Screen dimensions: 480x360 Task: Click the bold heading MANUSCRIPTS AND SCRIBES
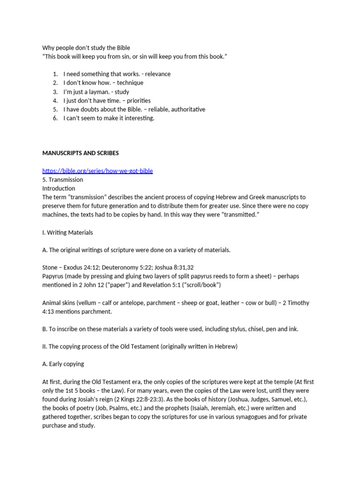pos(80,153)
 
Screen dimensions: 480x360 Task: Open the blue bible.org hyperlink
pos(97,171)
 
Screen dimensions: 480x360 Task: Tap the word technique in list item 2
pos(130,83)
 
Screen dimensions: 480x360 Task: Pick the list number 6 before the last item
pos(55,118)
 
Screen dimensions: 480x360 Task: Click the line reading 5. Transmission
pos(63,180)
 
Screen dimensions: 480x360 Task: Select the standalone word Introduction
pos(59,188)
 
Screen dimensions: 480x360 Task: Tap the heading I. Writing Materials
pos(67,232)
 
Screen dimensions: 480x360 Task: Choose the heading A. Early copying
pos(63,364)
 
